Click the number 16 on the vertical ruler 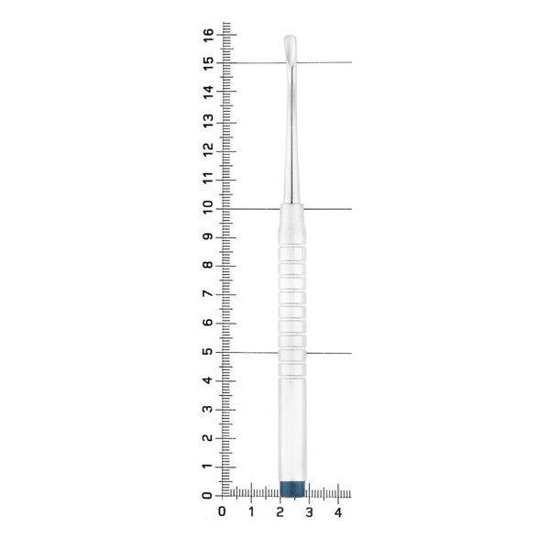208,35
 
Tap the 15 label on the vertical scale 208,63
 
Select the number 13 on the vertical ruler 208,121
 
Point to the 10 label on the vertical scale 208,207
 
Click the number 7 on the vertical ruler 208,293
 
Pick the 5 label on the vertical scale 208,351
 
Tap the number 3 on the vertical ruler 208,409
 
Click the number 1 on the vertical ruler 208,467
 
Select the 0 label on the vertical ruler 208,495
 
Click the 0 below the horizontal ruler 222,511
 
